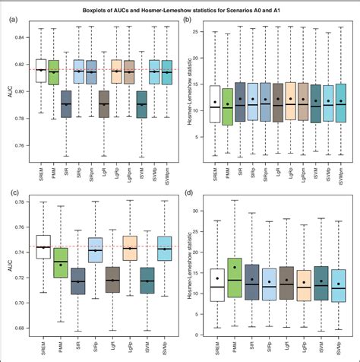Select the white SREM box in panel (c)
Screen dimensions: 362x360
pos(43,247)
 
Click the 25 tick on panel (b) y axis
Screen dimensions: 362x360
pos(199,33)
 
